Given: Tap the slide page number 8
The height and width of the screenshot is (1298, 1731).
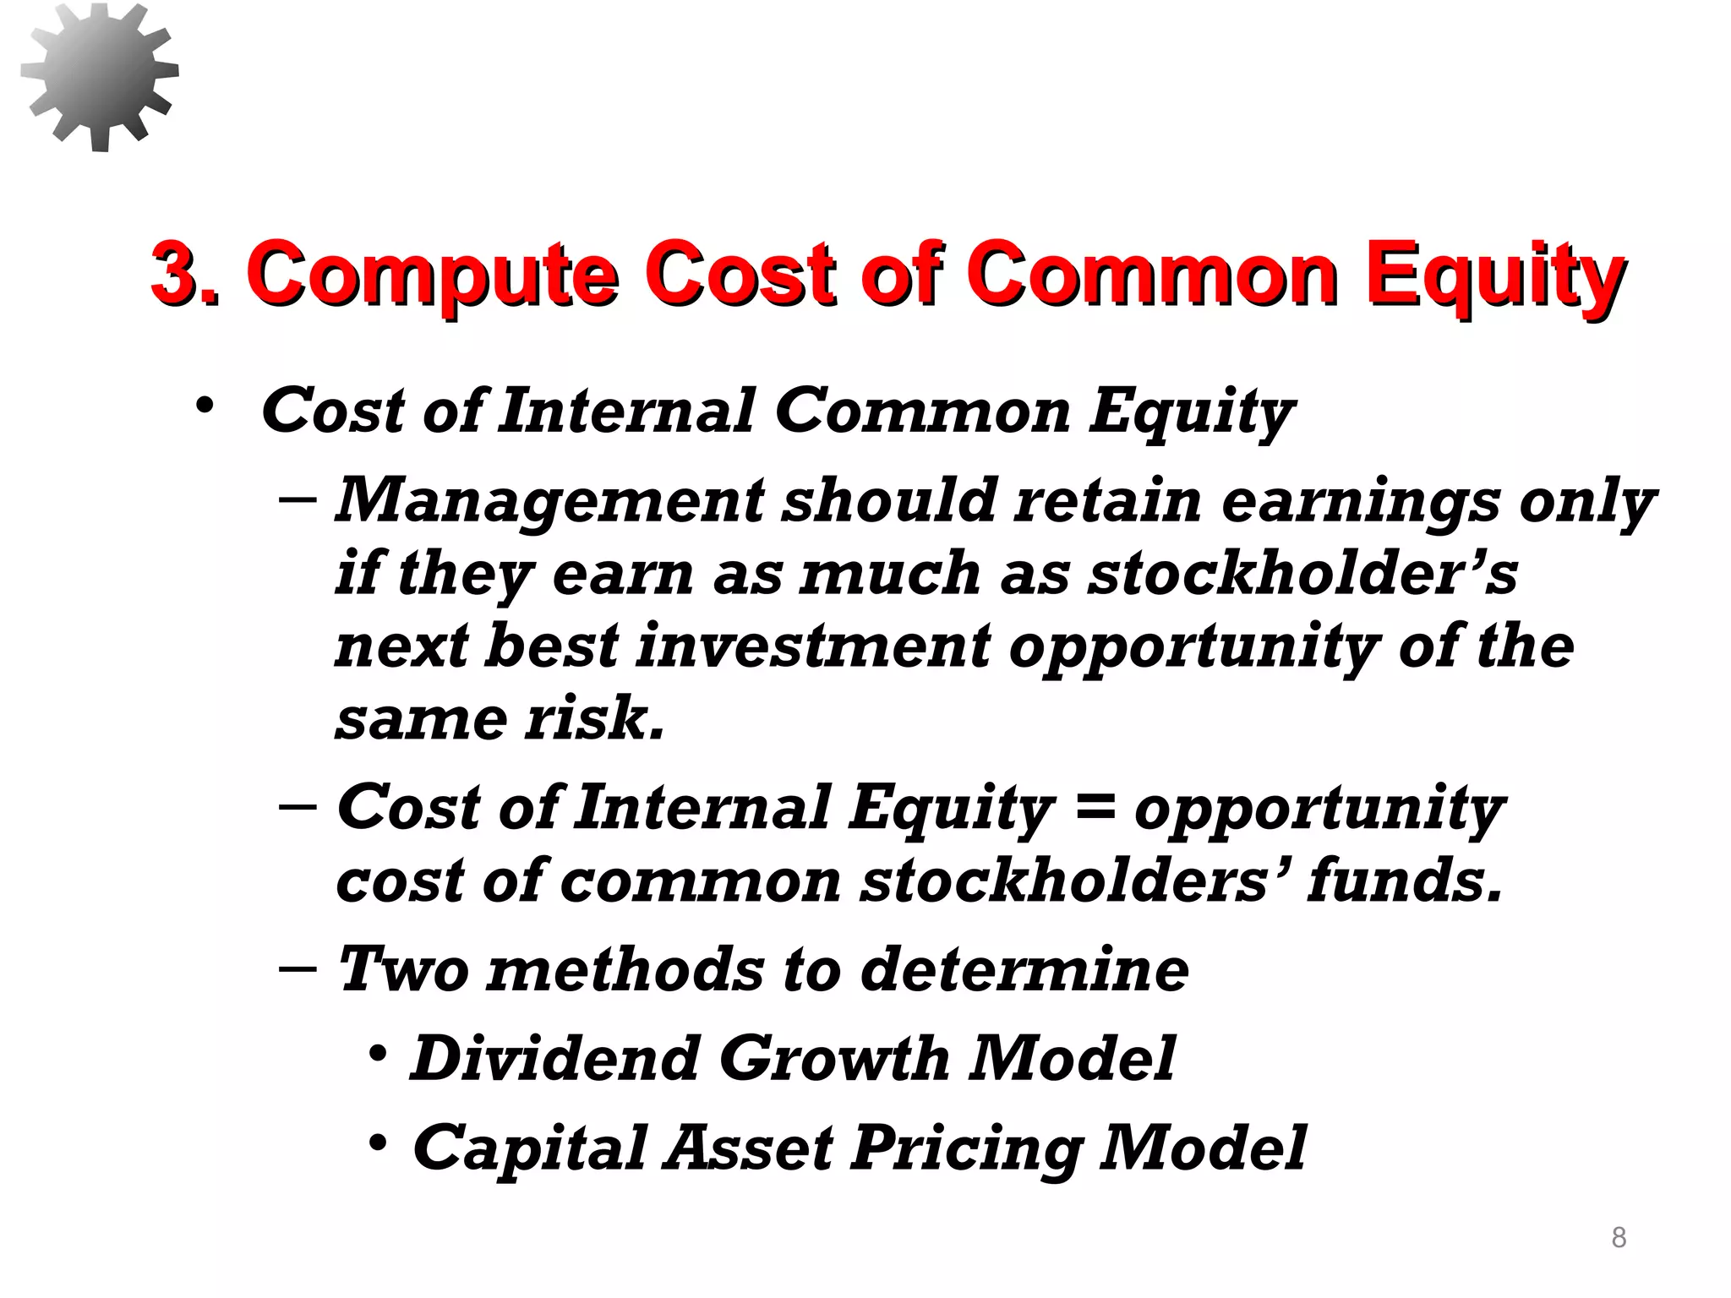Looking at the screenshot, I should [x=1619, y=1237].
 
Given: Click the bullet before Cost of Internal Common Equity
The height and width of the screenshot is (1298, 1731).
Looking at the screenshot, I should [x=204, y=406].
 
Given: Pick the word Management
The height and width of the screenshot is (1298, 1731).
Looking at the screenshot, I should [x=549, y=500].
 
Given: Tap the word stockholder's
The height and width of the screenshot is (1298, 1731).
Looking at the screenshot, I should [x=1302, y=573].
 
